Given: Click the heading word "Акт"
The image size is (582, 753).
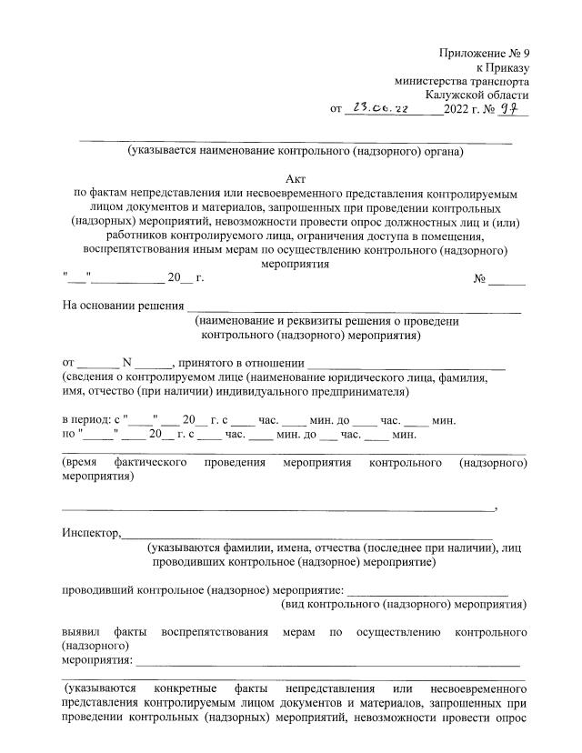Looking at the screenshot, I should tap(296, 179).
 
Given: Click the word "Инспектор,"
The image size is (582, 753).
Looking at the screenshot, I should tap(91, 533).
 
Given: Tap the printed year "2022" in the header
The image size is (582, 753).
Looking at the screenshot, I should tap(457, 110).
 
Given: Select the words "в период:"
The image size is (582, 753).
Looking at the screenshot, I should tap(85, 420).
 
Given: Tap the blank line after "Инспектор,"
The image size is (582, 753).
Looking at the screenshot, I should tap(309, 535).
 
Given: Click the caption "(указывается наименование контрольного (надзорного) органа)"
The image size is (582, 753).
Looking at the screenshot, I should tap(296, 151).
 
